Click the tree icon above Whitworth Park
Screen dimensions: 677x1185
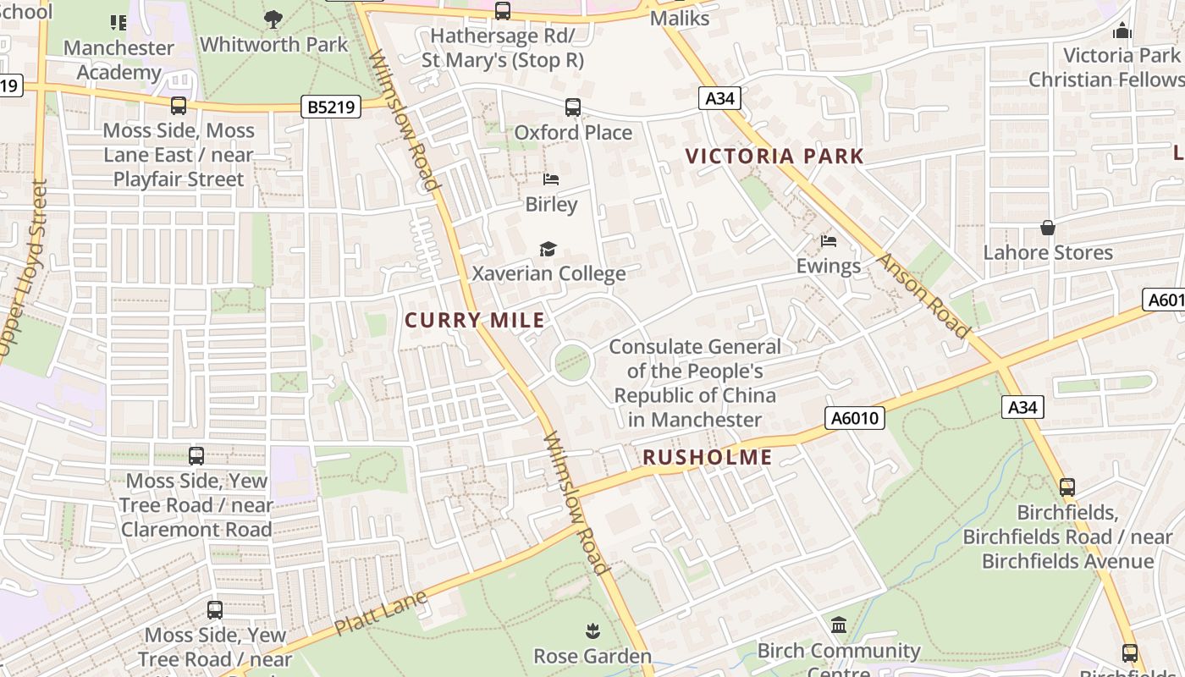click(273, 19)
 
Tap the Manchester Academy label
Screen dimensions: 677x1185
click(118, 60)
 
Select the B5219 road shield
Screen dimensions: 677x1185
click(331, 107)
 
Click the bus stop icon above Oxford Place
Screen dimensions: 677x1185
click(573, 107)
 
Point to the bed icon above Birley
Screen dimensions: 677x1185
click(551, 179)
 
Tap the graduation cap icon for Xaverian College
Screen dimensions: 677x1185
click(548, 249)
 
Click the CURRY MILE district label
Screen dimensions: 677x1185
click(475, 320)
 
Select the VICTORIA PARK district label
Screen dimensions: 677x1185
click(774, 156)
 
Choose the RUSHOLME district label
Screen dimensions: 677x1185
click(708, 457)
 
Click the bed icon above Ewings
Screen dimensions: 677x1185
click(829, 241)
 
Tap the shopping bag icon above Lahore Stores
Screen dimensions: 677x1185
click(1048, 228)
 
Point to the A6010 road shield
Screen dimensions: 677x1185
click(855, 418)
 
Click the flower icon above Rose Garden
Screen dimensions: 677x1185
click(592, 630)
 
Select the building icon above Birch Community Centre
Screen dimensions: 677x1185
click(839, 625)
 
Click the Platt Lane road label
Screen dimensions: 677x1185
click(380, 614)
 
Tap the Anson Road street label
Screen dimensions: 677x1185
click(924, 295)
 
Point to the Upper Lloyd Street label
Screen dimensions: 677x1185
click(24, 267)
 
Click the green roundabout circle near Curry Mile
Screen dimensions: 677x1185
click(572, 363)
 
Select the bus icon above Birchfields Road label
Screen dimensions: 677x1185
click(1067, 487)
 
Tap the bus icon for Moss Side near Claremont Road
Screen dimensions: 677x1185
click(196, 456)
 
